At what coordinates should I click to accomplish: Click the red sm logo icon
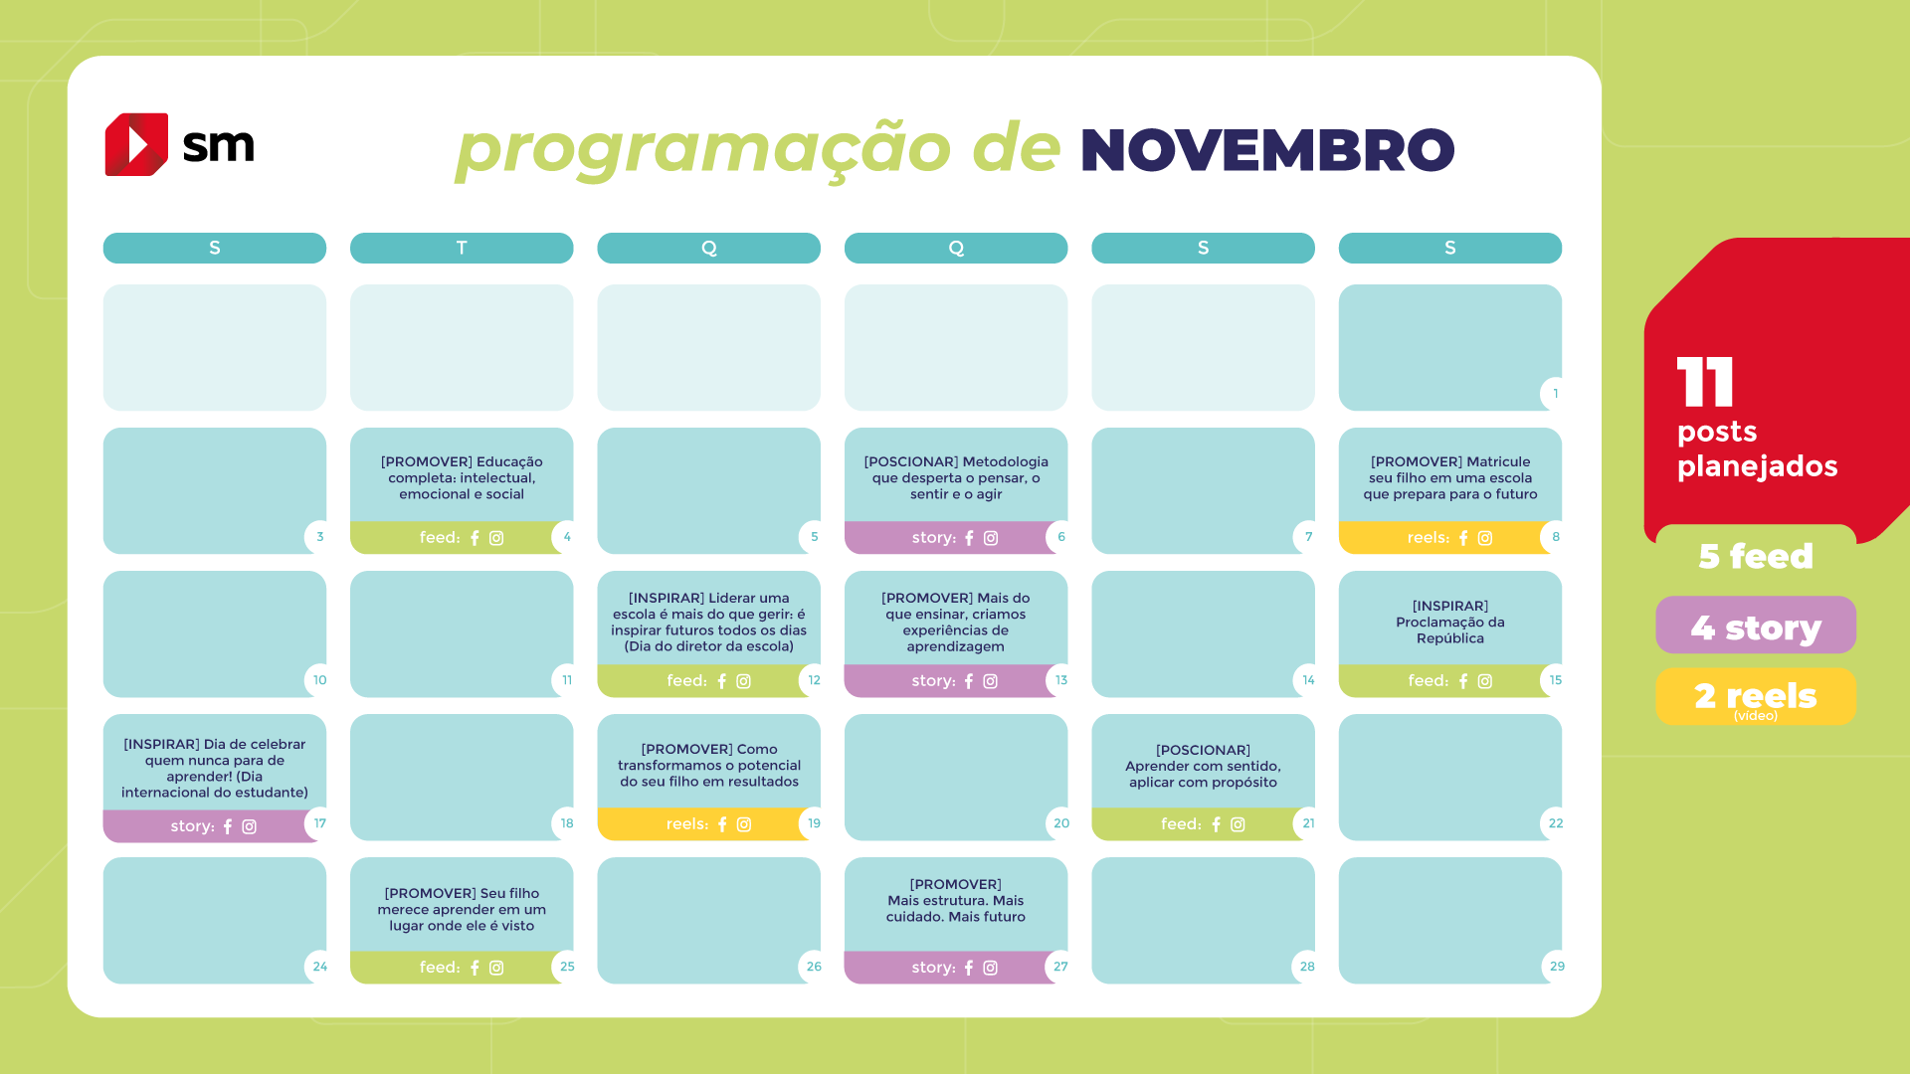136,144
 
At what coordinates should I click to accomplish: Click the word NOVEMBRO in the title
1267,150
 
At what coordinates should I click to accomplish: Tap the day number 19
814,823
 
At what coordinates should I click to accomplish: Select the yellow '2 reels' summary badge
1756,696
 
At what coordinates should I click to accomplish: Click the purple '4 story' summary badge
1756,626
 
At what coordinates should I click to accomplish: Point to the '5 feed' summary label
1756,556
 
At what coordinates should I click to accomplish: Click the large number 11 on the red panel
1705,382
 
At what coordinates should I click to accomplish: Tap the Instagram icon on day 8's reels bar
1485,538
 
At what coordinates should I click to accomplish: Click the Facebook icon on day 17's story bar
228,826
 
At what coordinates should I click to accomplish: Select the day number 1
1556,394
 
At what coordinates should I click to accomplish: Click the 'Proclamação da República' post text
1450,622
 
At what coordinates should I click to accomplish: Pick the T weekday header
462,248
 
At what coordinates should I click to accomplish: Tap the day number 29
1557,967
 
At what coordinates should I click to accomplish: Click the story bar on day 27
950,968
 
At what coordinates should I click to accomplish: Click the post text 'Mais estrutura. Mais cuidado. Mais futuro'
956,901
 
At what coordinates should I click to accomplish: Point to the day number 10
319,680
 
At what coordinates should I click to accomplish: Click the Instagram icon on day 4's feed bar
496,538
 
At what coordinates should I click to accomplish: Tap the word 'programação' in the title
703,149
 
